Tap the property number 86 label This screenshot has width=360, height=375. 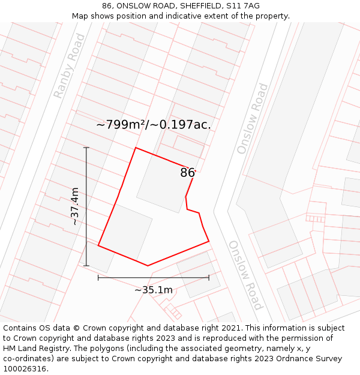coord(187,173)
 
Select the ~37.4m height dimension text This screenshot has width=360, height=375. coord(75,206)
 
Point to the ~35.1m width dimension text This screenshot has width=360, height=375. coord(154,290)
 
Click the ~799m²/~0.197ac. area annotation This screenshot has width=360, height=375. coord(154,125)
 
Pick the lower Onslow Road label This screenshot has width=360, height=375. coord(245,275)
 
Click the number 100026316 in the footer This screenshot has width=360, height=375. coord(25,369)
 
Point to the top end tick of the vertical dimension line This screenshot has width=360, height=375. coord(86,148)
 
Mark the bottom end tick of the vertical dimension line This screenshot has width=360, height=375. coord(86,266)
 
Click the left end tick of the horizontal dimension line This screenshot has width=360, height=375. coord(98,278)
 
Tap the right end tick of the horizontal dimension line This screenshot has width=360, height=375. coord(209,278)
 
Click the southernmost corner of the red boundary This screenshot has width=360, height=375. coord(148,265)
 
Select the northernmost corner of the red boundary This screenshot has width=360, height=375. coord(136,148)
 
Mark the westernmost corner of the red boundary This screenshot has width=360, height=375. coord(98,245)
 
